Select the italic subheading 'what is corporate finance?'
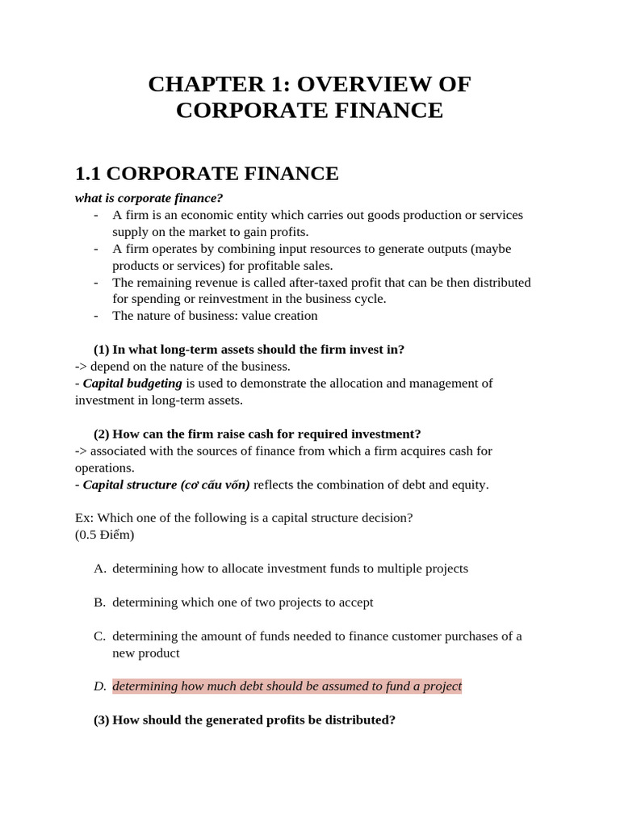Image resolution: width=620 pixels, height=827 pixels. pos(149,198)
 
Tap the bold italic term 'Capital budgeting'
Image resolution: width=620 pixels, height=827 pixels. pos(132,383)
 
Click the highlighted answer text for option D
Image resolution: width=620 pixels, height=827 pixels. pos(287,686)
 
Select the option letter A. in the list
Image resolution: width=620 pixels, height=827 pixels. pos(100,569)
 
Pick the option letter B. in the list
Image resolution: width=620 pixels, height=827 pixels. pos(100,602)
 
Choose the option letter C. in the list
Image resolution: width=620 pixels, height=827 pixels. pos(100,636)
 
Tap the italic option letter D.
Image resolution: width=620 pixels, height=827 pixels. pos(100,686)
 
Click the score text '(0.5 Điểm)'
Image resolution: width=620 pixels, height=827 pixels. pos(105,535)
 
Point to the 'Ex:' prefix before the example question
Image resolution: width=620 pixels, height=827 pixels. pos(83,518)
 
